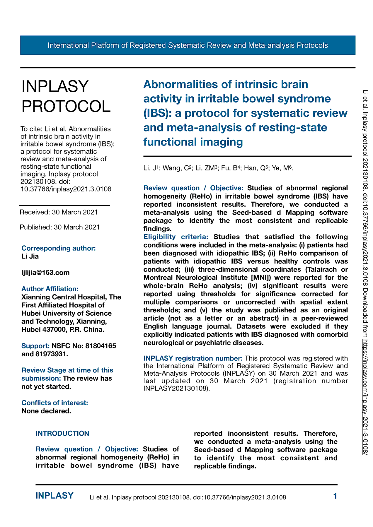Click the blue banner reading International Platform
point(188,45)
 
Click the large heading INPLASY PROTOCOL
point(66,96)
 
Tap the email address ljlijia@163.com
point(45,273)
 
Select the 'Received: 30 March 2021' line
point(59,212)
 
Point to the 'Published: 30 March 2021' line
point(59,227)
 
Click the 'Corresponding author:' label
point(59,248)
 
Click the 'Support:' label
point(35,346)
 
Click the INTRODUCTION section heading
point(62,433)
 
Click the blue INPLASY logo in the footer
point(54,496)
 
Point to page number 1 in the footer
point(335,496)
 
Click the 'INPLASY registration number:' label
point(193,358)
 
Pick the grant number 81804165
point(101,346)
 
